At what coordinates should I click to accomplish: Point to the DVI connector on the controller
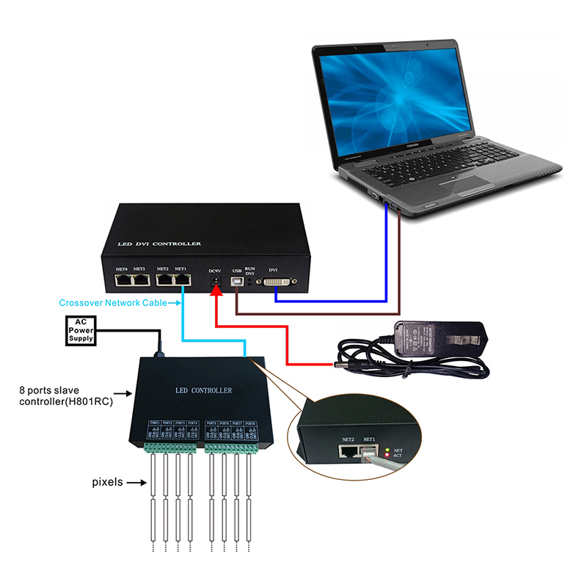point(274,282)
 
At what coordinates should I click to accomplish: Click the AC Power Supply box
point(81,330)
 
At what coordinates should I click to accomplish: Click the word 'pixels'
point(107,482)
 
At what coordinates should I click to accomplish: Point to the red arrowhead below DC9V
point(216,292)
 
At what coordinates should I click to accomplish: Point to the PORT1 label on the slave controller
point(155,423)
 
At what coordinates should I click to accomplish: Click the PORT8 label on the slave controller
point(249,423)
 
